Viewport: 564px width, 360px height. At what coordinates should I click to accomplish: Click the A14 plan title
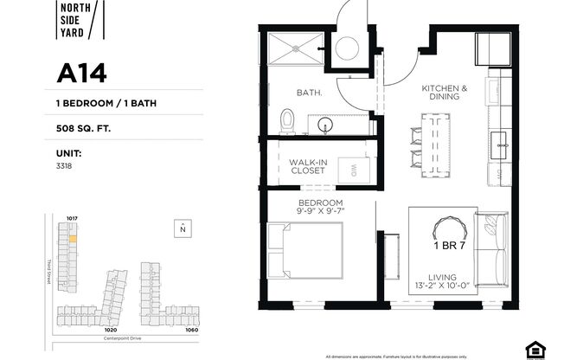tap(81, 74)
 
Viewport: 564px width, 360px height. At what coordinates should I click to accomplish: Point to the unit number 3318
tap(64, 164)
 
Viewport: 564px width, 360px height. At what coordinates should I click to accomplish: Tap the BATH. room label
tap(309, 91)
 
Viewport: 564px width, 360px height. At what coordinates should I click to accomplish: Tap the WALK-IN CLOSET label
tap(307, 165)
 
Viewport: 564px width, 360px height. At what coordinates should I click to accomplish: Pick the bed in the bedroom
tap(305, 250)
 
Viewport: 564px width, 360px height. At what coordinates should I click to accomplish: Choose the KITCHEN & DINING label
tap(445, 93)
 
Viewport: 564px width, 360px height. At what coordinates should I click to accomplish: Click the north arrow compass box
tap(183, 228)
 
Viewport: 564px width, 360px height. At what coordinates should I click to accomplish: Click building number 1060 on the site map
tap(191, 329)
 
